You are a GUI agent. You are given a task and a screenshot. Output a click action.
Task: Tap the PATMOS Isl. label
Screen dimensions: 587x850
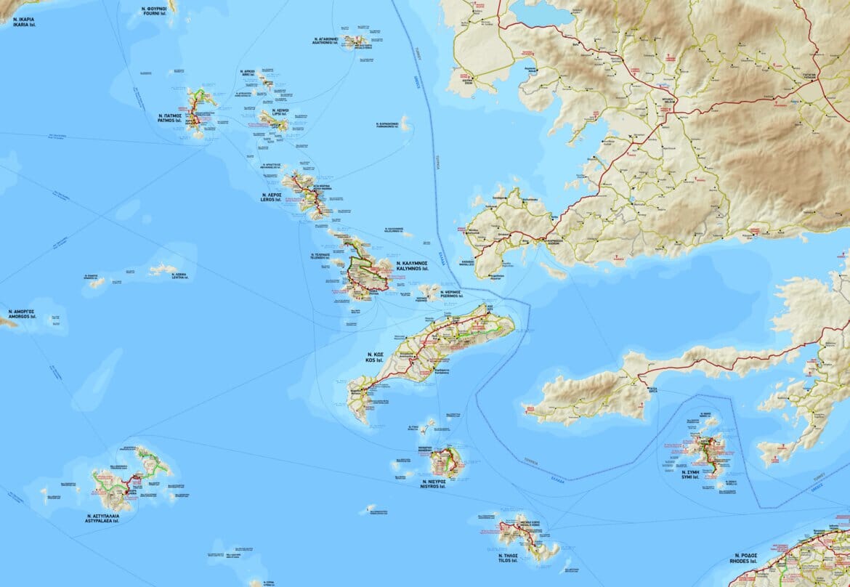pos(169,119)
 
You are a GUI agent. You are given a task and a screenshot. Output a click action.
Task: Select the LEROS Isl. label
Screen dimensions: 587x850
pos(271,198)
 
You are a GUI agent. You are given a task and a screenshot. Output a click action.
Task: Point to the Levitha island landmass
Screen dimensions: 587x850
pos(163,269)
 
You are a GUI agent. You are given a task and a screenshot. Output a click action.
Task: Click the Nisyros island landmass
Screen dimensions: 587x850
pos(444,463)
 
